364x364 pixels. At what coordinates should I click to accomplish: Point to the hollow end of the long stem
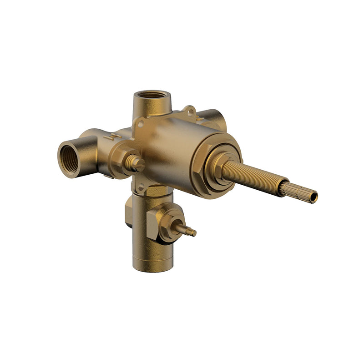pyautogui.click(x=313, y=197)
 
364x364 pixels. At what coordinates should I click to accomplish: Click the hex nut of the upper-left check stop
pyautogui.click(x=123, y=159)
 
